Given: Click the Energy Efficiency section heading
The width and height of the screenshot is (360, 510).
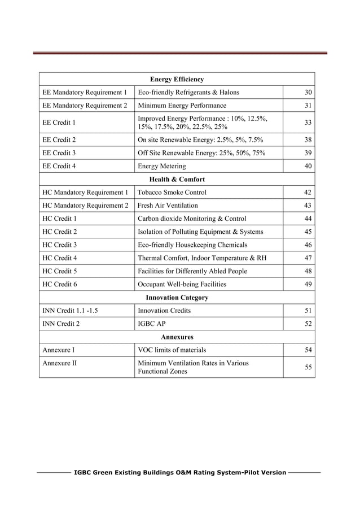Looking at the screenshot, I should [x=177, y=79].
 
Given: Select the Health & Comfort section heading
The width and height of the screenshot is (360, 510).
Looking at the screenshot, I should [x=177, y=179].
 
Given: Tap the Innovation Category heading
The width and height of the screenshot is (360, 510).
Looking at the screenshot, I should [x=177, y=297].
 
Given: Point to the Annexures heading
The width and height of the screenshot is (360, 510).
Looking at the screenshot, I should [x=177, y=337].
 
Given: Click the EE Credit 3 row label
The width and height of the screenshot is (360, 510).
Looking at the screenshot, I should [x=59, y=153].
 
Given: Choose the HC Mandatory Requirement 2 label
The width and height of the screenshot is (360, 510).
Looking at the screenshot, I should [x=85, y=206].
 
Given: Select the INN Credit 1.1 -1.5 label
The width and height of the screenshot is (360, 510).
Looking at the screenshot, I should [x=66, y=311].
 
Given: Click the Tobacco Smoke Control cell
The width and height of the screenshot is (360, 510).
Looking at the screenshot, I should [x=172, y=193].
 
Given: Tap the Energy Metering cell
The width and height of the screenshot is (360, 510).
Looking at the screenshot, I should [x=162, y=166].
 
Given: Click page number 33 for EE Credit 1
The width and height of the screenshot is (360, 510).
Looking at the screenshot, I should [x=308, y=122].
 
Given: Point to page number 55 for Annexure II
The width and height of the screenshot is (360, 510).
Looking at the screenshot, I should [x=308, y=367].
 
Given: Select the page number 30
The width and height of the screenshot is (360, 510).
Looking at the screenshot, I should [x=308, y=93].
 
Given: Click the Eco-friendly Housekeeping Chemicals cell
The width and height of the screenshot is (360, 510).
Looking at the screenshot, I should [x=192, y=245].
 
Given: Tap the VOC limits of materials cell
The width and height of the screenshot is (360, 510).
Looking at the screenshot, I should [x=172, y=350].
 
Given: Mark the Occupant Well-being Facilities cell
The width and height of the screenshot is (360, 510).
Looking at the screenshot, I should [x=182, y=284].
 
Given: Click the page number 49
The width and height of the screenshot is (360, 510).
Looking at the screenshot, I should [x=308, y=284].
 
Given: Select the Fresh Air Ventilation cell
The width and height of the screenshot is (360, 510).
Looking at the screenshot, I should [x=168, y=206].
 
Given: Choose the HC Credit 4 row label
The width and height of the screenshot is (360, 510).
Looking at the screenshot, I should [x=59, y=258].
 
